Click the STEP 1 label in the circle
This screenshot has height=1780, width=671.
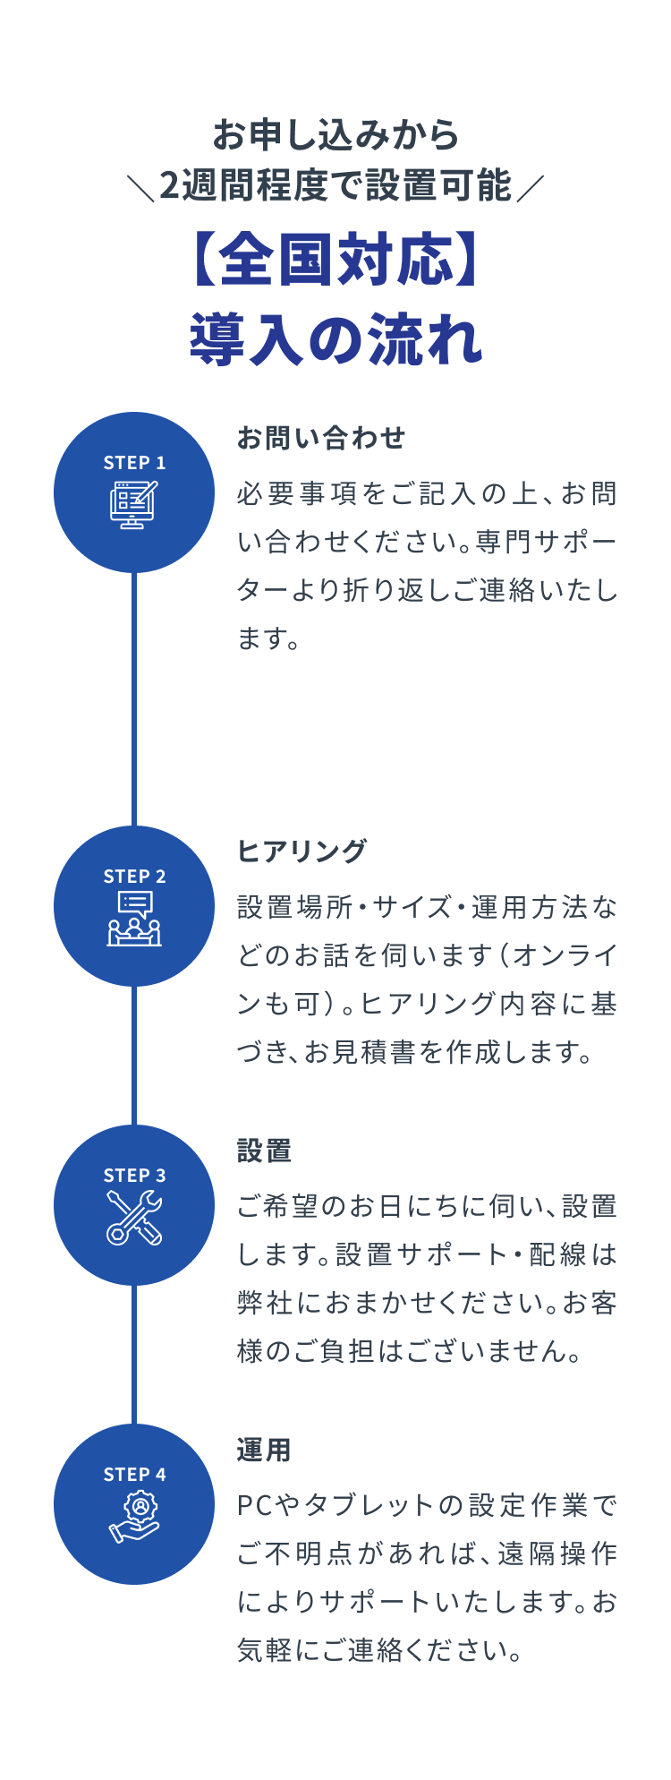click(x=134, y=463)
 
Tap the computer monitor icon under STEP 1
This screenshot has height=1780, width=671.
click(x=134, y=505)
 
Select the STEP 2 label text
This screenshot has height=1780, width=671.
click(x=134, y=877)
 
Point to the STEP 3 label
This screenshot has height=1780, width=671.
click(x=134, y=1176)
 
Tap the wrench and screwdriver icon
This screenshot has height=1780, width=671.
click(x=134, y=1218)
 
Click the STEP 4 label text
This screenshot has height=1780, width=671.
click(x=134, y=1475)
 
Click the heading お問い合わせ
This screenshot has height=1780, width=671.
click(x=321, y=438)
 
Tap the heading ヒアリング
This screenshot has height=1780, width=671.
click(x=302, y=851)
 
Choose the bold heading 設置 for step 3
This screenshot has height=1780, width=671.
click(x=265, y=1151)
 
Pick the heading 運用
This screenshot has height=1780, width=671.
click(x=265, y=1450)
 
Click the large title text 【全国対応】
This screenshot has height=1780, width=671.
click(x=335, y=261)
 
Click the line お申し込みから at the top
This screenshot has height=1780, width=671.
click(x=335, y=134)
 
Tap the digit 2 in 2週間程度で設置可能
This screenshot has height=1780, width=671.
click(x=170, y=186)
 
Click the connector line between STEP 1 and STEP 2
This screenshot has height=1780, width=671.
click(x=134, y=698)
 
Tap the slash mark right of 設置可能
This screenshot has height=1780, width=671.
click(x=530, y=187)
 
